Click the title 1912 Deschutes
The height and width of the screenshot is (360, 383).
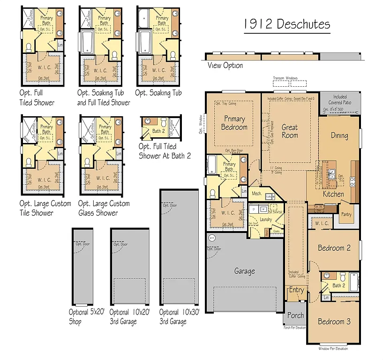287,24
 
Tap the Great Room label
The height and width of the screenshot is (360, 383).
290,131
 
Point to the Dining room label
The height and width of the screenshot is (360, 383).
339,135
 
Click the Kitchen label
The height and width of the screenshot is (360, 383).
333,194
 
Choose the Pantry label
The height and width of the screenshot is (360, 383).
347,214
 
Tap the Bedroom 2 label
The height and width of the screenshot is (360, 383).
334,248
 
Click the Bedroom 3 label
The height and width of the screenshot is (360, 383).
334,322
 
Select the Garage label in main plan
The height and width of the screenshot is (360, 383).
244,271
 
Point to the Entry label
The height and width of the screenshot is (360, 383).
296,290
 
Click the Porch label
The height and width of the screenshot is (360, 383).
295,315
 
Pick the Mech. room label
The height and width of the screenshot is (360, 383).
256,193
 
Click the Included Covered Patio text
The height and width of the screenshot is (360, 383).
340,99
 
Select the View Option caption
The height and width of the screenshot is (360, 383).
225,66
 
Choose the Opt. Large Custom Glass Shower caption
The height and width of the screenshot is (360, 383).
104,208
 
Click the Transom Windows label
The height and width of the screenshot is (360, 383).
285,78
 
